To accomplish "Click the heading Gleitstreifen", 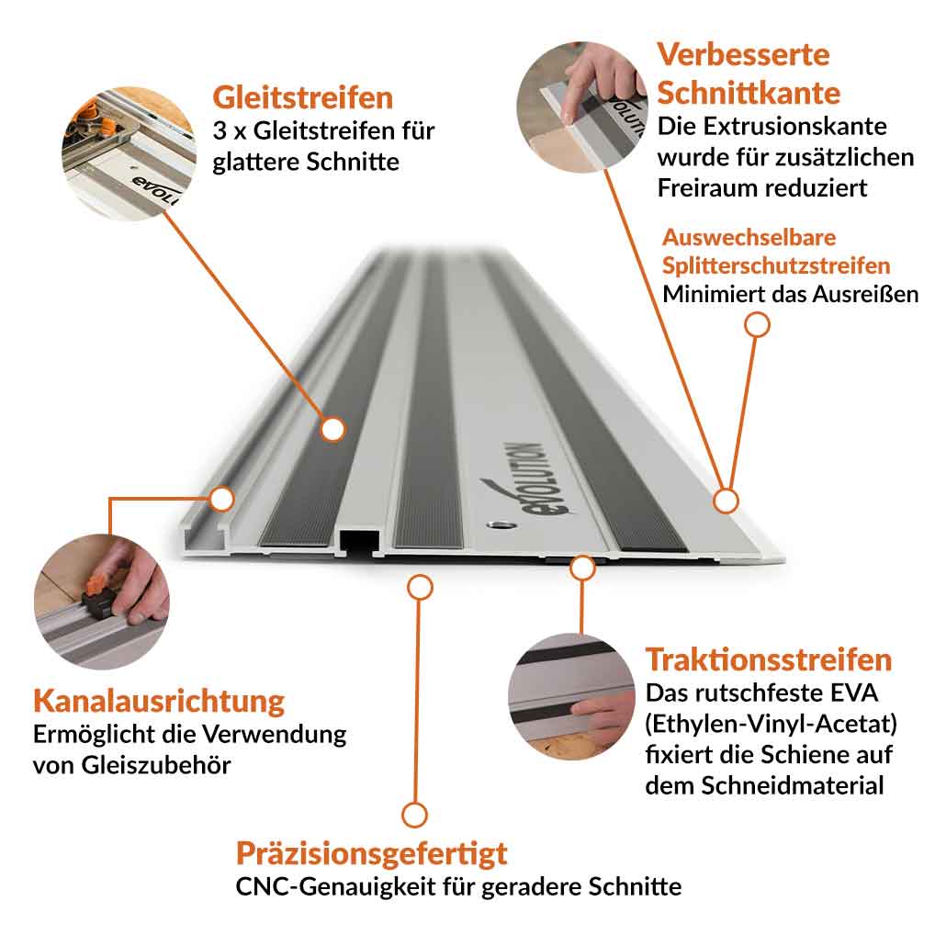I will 302,97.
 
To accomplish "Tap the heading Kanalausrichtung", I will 159,701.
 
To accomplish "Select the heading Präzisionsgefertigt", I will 371,853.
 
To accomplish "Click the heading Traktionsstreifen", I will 768,659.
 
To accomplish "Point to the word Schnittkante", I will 749,93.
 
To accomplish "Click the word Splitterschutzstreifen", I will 776,265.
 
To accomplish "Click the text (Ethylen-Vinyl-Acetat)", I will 771,725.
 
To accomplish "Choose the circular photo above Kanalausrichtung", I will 101,601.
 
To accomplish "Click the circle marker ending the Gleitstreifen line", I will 332,428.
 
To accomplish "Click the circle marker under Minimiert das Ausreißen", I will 757,324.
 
